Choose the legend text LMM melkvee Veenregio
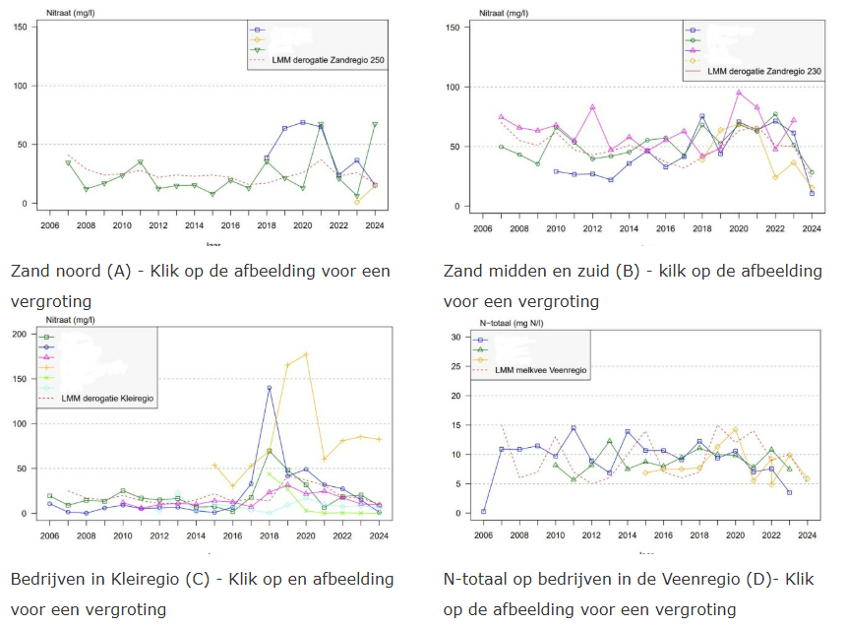point(540,370)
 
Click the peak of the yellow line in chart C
point(307,354)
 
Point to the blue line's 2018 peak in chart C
point(269,388)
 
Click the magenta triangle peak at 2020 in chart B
point(739,93)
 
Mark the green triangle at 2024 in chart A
point(375,124)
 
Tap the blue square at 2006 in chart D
point(483,512)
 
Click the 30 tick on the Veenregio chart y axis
point(454,337)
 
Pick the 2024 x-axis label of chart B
point(811,227)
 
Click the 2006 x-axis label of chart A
point(49,225)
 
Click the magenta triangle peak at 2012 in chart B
point(593,106)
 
